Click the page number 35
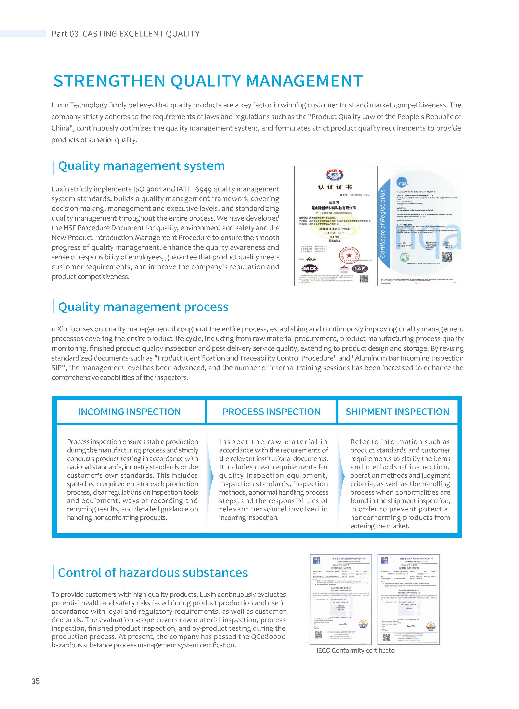pyautogui.click(x=36, y=681)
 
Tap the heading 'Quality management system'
pyautogui.click(x=141, y=166)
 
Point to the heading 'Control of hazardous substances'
pyautogui.click(x=153, y=572)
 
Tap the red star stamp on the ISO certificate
pyautogui.click(x=349, y=255)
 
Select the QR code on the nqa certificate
pyautogui.click(x=447, y=257)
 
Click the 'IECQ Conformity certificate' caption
pyautogui.click(x=355, y=651)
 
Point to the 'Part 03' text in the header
pyautogui.click(x=65, y=34)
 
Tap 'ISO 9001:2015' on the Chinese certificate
pyautogui.click(x=334, y=233)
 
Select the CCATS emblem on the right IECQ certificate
pyautogui.click(x=431, y=626)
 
